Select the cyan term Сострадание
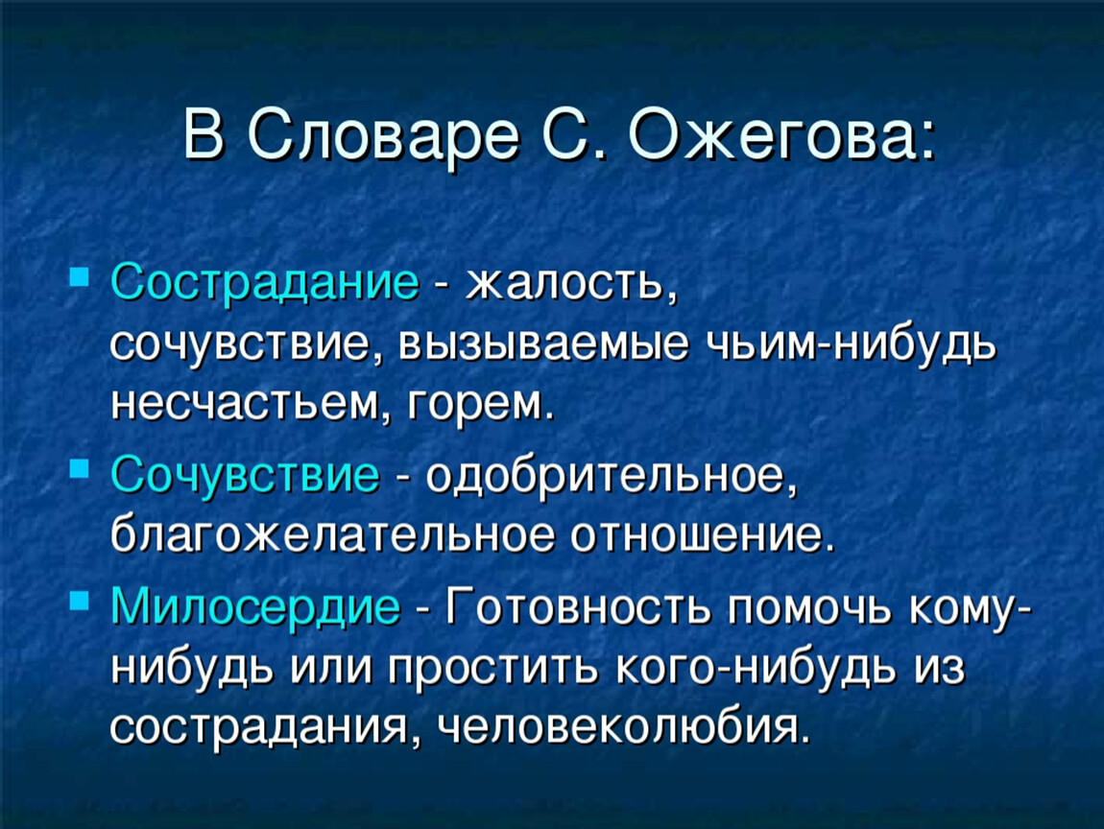coord(265,284)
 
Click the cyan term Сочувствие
coord(245,476)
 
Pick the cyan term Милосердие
coord(255,605)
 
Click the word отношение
coord(702,537)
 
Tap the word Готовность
coord(578,605)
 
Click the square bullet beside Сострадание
coord(80,275)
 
